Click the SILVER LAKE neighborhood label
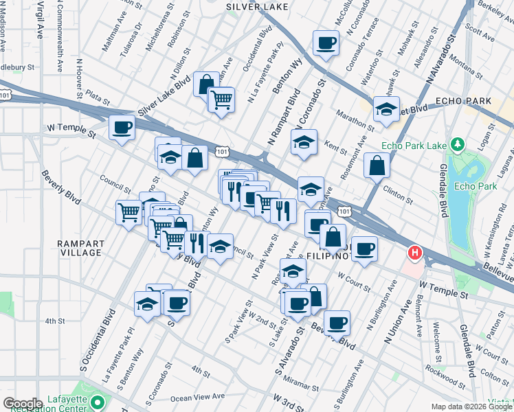point(257,6)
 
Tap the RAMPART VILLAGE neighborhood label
point(80,248)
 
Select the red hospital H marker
point(414,253)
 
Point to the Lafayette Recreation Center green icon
point(98,402)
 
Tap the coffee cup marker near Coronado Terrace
point(326,43)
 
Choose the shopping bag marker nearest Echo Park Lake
point(377,165)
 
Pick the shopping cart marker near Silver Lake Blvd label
point(221,99)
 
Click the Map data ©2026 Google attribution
point(471,407)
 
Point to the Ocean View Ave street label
point(198,396)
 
